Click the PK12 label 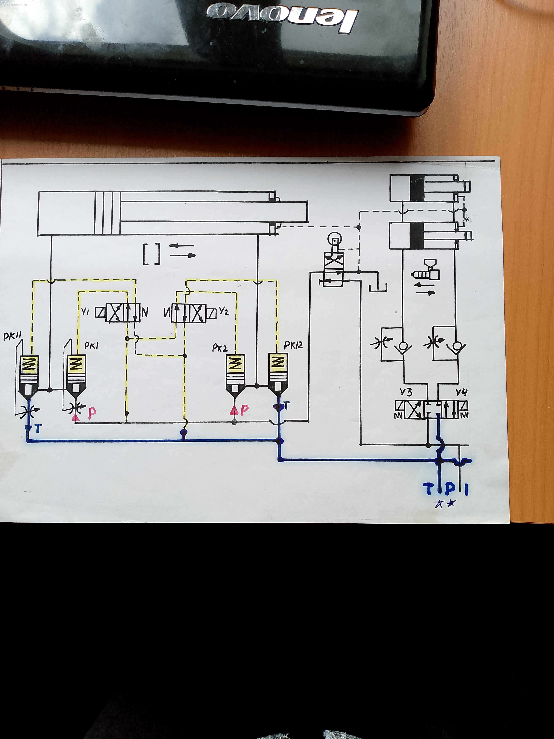pos(293,345)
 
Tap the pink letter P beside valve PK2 pos(245,410)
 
